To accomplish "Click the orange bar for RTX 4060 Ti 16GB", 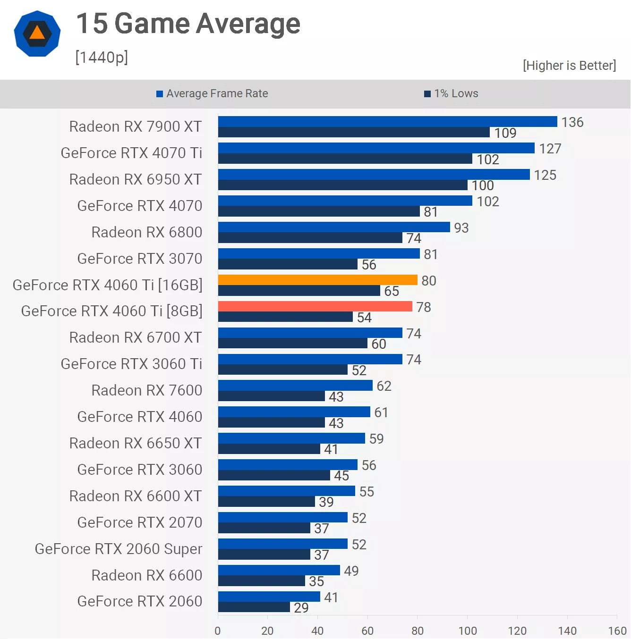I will tap(317, 280).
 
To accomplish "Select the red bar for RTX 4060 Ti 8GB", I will tap(315, 306).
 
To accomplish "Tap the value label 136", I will tap(572, 122).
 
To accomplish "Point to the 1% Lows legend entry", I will tap(452, 93).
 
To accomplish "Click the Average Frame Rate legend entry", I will tap(213, 93).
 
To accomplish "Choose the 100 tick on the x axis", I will tap(468, 631).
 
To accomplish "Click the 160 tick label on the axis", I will tap(617, 631).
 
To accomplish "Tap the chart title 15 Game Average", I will tap(188, 24).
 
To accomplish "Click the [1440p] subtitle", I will tap(102, 57).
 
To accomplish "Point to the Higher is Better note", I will tap(569, 65).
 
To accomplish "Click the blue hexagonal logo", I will tap(37, 34).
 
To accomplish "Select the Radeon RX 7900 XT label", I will tap(136, 126).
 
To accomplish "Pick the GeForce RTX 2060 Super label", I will tap(119, 549).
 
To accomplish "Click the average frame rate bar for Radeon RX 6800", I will tap(334, 227).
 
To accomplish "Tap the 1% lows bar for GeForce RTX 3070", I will tap(288, 264).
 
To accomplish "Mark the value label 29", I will tap(301, 607).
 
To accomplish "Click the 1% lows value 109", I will tap(505, 133).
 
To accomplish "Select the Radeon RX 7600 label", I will tap(147, 390).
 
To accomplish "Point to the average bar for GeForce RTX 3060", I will tap(288, 464).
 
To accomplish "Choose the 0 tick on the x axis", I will tap(218, 631).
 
